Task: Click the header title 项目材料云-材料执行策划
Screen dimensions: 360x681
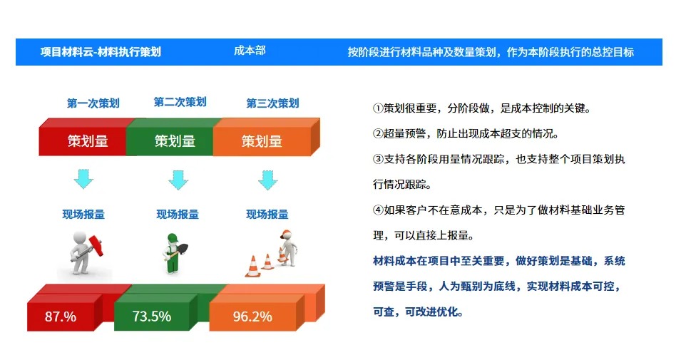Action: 101,52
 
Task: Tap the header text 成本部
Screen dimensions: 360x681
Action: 250,51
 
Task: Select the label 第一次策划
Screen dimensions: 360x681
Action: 93,103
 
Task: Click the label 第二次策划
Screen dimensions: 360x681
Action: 180,103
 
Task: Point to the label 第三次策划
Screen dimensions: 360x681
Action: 272,103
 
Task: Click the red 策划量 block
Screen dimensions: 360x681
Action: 88,141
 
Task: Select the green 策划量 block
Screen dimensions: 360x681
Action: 175,141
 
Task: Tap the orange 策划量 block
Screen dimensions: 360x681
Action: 262,141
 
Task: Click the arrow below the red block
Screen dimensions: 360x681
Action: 83,179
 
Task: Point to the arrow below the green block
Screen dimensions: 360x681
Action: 178,179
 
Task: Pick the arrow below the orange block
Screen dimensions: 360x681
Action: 267,179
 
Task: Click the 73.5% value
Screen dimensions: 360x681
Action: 151,317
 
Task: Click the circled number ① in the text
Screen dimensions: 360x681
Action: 379,108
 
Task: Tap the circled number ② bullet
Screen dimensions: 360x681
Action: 379,133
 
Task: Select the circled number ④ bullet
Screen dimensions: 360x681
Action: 379,210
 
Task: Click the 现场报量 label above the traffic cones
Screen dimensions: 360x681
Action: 267,215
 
